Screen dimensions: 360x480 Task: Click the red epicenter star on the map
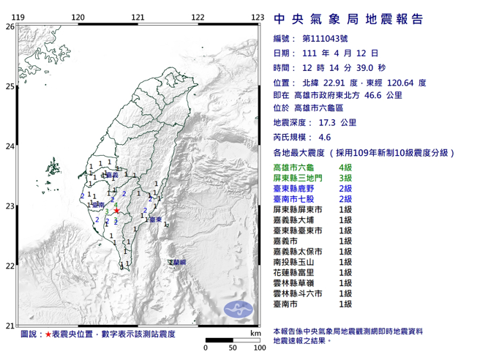click(116, 211)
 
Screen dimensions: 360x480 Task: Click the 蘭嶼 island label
click(177, 261)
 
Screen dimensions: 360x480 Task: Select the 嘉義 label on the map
click(111, 176)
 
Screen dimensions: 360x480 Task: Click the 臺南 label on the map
click(98, 207)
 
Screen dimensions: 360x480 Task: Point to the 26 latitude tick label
click(10, 26)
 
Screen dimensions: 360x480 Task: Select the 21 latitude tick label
click(10, 326)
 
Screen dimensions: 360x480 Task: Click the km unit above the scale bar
click(254, 333)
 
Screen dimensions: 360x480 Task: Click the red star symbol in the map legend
click(48, 334)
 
